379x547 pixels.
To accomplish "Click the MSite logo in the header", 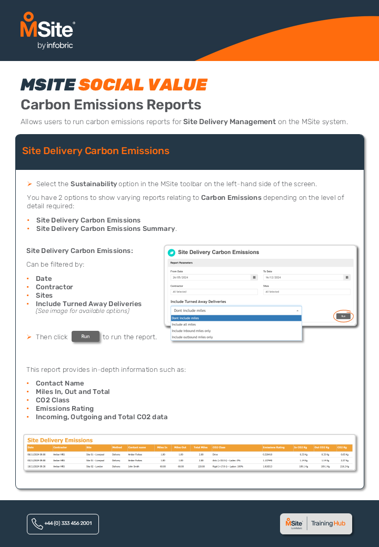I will pos(47,31).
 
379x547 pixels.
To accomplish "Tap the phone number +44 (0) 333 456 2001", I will pos(63,523).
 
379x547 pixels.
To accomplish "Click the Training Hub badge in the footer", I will pos(316,523).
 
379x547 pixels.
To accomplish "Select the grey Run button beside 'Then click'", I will pos(85,337).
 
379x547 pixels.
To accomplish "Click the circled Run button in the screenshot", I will pos(343,316).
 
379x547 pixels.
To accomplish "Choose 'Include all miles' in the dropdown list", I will pos(184,325).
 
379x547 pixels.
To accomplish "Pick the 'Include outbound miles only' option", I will pos(193,337).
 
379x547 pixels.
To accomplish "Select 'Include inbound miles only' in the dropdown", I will pos(192,331).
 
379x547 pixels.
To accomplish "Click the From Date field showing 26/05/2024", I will pos(211,277).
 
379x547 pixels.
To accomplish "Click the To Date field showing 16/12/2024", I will pos(303,277).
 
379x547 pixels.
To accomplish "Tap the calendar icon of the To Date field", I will pos(347,277).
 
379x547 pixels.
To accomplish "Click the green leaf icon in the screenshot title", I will pos(172,252).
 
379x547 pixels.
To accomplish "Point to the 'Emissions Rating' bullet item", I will pos(64,409).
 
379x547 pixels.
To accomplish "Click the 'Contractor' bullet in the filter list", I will pos(54,287).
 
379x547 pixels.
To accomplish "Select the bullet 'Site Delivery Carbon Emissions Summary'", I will pos(105,229).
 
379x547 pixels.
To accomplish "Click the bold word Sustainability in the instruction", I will pos(94,184).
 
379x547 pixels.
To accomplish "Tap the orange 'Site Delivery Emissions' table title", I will pos(60,440).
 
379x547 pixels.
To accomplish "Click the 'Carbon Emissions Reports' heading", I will pos(111,105).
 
